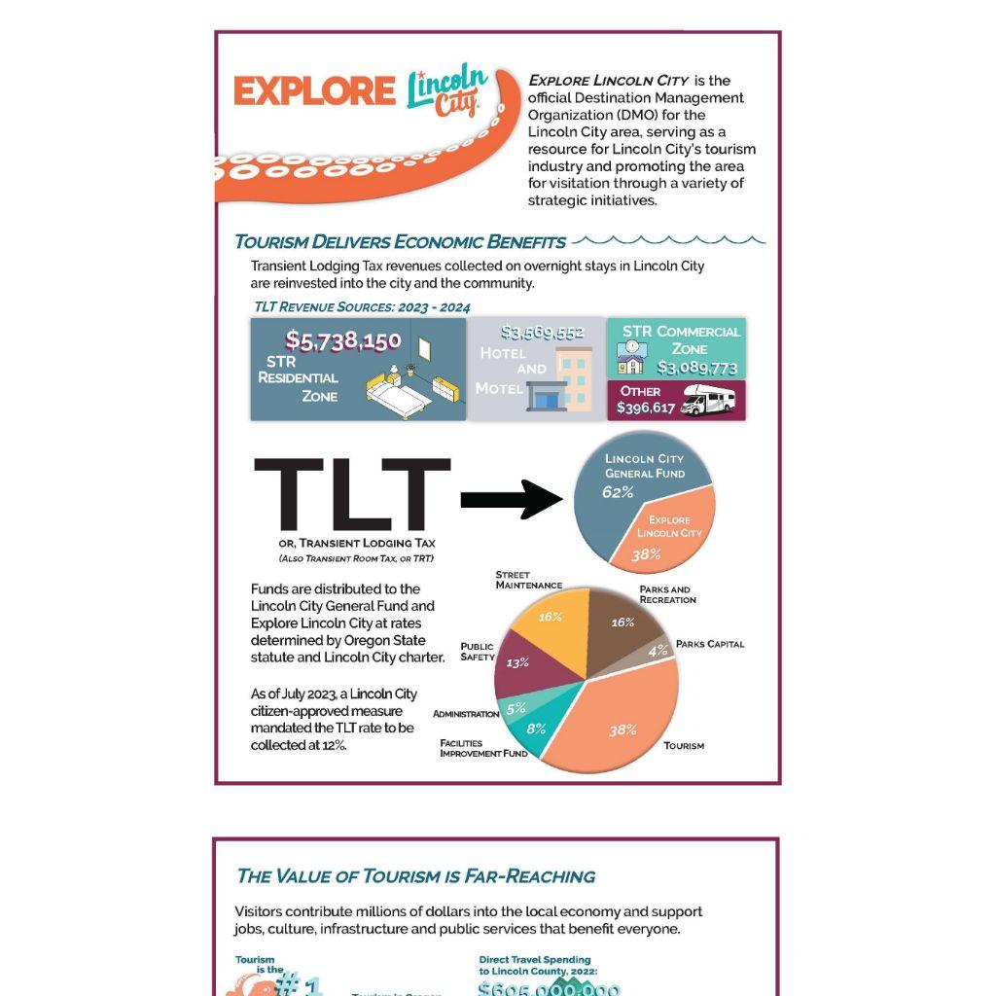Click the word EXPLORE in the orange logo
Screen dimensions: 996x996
pos(314,91)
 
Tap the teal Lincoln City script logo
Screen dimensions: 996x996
pos(447,91)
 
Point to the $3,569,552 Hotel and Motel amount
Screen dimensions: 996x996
pos(542,333)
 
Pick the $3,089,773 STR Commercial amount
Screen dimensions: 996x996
pos(697,369)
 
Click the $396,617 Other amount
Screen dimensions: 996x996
pos(646,408)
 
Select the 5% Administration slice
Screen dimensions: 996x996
pos(516,708)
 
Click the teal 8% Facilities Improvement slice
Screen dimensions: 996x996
pos(534,729)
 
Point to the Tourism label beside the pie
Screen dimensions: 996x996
pos(684,746)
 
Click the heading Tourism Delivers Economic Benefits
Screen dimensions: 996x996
pos(400,242)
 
